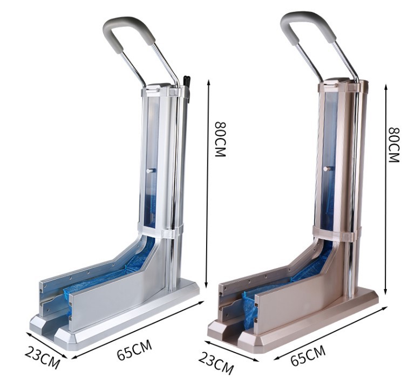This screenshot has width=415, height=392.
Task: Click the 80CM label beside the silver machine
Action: click(220, 140)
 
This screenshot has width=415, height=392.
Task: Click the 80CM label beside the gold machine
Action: click(393, 145)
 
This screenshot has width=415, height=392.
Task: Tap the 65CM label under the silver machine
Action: click(135, 350)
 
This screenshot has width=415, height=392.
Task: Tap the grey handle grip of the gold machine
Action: click(308, 26)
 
